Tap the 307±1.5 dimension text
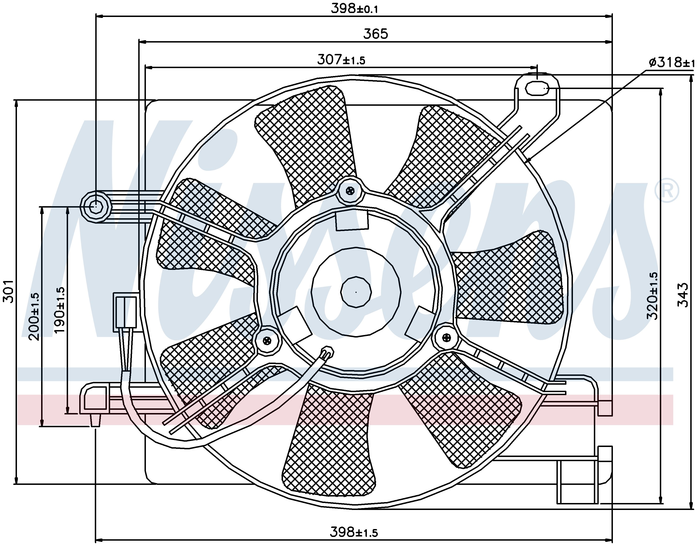coord(341,60)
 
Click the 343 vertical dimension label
coord(683,295)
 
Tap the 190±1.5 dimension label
coord(60,310)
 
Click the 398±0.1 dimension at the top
coord(354,8)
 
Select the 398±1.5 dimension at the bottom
coord(354,532)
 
